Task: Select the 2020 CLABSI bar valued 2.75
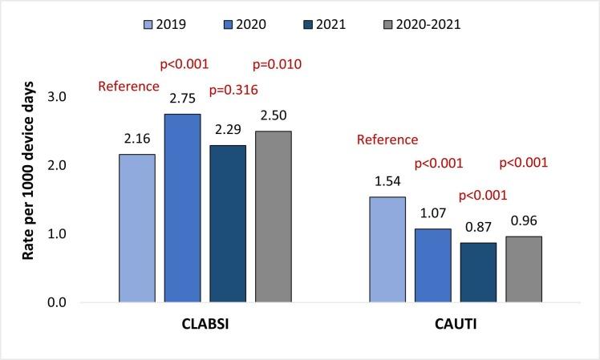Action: click(182, 208)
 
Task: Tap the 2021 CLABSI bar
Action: click(227, 224)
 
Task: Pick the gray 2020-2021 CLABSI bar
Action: click(273, 216)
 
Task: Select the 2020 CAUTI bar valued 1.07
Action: click(432, 265)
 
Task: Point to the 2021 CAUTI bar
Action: click(478, 273)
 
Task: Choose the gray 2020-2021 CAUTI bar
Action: click(523, 269)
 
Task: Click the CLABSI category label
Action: click(205, 329)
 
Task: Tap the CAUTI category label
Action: click(455, 329)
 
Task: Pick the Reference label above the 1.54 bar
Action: click(387, 140)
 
